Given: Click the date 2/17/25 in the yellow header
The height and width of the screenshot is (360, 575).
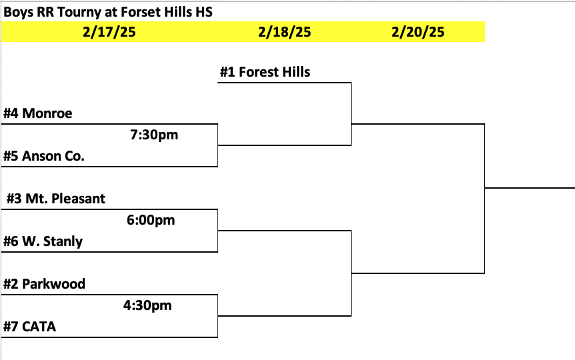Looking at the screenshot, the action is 109,32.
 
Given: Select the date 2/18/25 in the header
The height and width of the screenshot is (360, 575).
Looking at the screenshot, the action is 285,32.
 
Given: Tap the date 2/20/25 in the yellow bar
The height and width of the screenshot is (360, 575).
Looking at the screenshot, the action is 418,32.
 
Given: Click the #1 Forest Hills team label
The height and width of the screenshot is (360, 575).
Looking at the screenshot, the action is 265,72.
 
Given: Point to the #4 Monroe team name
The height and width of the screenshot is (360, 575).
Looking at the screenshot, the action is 38,113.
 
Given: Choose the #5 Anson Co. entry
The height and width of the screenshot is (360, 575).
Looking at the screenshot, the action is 44,156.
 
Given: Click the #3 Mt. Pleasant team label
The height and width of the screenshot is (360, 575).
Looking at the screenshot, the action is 56,199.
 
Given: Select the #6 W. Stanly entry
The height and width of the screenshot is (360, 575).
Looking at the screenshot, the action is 43,241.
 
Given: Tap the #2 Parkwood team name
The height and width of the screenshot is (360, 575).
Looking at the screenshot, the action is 45,284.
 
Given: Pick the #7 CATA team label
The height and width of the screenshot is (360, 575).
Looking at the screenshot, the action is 30,327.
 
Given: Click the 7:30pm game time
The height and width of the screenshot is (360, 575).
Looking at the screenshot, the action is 154,135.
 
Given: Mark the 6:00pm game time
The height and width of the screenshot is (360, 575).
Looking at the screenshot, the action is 151,220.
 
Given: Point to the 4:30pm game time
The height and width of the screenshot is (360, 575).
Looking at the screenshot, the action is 147,305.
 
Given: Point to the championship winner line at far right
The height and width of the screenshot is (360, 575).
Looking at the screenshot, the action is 530,188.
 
